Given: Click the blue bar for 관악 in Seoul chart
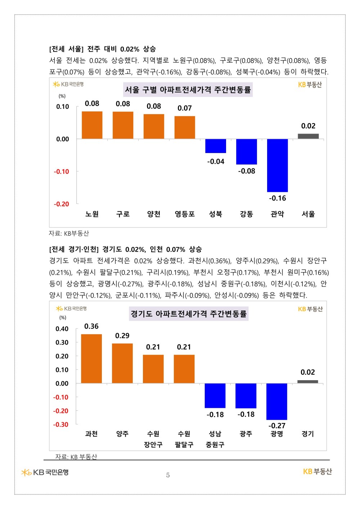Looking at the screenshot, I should [277, 165].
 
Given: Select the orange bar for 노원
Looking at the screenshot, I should [92, 125].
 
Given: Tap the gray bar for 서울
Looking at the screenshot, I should [308, 136].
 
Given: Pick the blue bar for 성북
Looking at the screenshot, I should [216, 146].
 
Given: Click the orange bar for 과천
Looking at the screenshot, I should [91, 359].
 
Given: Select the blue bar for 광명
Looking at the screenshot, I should [276, 401].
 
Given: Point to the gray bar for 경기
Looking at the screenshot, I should [307, 382].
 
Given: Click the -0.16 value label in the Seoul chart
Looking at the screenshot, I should [277, 198].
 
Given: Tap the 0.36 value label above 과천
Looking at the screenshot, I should [91, 326].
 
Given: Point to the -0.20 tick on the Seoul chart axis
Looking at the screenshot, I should [62, 204].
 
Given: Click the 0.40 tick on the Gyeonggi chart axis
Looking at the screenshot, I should [62, 329].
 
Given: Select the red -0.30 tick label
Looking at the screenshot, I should [61, 425].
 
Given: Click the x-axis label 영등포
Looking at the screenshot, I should [185, 214].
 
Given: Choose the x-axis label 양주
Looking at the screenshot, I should [122, 434].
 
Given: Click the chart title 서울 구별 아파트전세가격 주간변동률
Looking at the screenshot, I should [188, 90].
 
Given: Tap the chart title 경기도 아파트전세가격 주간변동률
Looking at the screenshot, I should [189, 314].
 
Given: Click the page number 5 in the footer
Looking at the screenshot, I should [168, 475].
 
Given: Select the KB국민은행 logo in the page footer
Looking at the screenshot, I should [45, 472].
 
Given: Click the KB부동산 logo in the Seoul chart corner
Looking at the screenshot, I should [310, 85].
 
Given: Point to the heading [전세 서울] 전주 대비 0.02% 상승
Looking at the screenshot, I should [103, 49].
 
